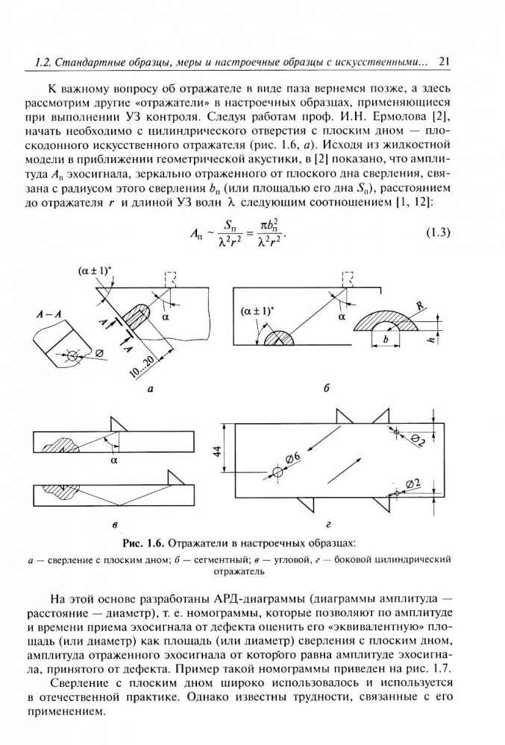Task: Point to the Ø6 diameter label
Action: [x=292, y=456]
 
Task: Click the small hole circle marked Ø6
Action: [x=277, y=472]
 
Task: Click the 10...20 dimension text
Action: [x=137, y=367]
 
